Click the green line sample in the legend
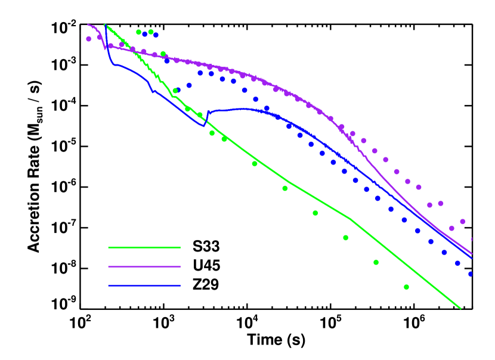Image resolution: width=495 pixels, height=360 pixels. (x=144, y=247)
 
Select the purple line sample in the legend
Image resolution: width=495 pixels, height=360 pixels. (x=144, y=266)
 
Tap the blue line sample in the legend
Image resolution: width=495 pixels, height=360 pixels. (x=144, y=285)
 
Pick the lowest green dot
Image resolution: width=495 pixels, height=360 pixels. (x=406, y=287)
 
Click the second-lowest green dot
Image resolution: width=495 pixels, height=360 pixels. (x=376, y=262)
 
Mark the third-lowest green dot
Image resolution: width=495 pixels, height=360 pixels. (x=345, y=238)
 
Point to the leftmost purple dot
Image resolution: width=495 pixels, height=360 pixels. (x=88, y=39)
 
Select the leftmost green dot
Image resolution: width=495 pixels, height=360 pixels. (x=138, y=32)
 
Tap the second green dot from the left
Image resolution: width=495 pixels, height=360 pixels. (x=151, y=32)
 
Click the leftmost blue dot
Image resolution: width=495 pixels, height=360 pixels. (x=144, y=34)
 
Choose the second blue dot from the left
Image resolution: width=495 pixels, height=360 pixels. (x=156, y=35)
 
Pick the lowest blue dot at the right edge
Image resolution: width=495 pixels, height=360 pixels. (x=470, y=274)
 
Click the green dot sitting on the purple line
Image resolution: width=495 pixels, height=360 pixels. (x=163, y=54)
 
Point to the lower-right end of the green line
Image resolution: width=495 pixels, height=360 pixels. (x=460, y=308)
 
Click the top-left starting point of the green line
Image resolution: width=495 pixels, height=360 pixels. (x=105, y=24)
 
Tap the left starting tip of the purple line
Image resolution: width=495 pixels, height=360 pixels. (x=88, y=24)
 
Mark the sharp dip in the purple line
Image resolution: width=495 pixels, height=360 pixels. (x=105, y=49)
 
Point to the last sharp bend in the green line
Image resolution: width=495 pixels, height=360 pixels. (x=351, y=219)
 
